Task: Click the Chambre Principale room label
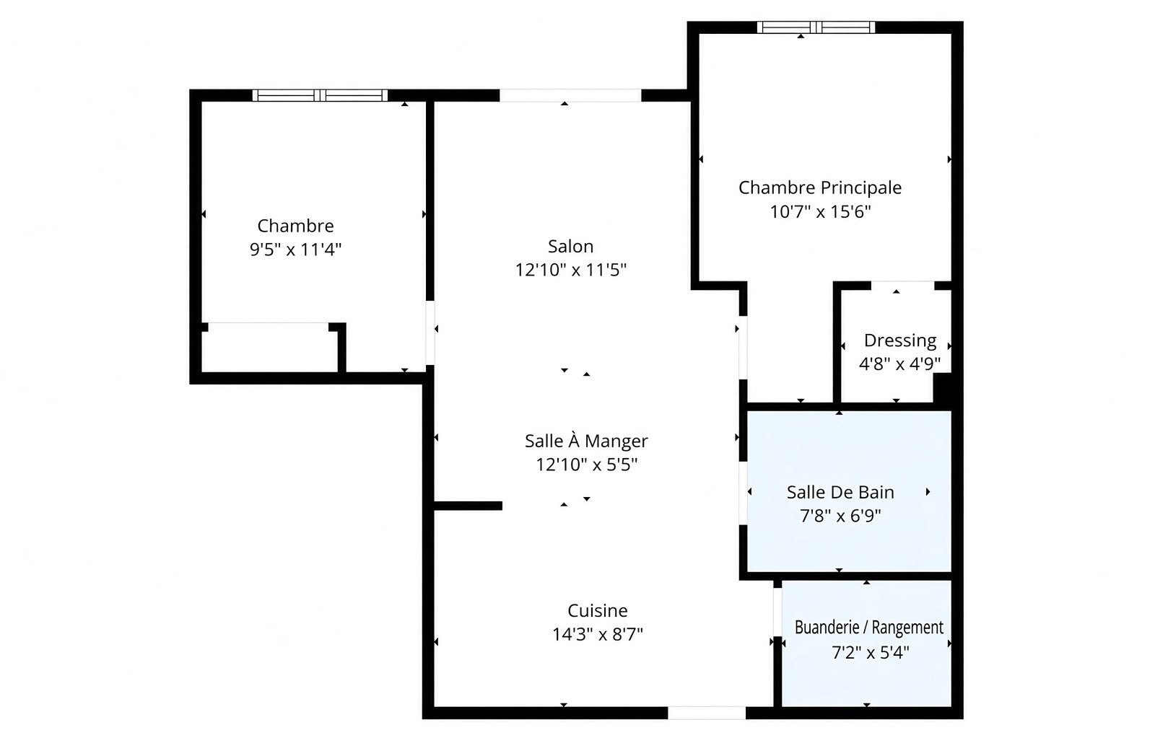pyautogui.click(x=820, y=188)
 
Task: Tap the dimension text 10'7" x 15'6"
pyautogui.click(x=820, y=212)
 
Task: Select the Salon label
pyautogui.click(x=570, y=246)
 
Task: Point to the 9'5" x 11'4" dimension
pyautogui.click(x=295, y=250)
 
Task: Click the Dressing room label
pyautogui.click(x=899, y=341)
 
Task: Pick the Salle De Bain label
pyautogui.click(x=840, y=493)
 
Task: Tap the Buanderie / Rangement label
pyautogui.click(x=869, y=628)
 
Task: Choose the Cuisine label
pyautogui.click(x=598, y=610)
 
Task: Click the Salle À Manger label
pyautogui.click(x=586, y=441)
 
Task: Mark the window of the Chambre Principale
pyautogui.click(x=816, y=27)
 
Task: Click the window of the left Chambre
pyautogui.click(x=320, y=95)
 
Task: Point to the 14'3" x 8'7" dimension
pyautogui.click(x=598, y=634)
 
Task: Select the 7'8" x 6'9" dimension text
pyautogui.click(x=840, y=516)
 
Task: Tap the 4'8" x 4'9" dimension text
pyautogui.click(x=899, y=364)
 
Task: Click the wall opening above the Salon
pyautogui.click(x=570, y=95)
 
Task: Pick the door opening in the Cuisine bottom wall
pyautogui.click(x=707, y=713)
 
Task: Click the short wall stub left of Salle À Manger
pyautogui.click(x=468, y=506)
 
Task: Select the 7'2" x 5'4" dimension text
pyautogui.click(x=870, y=653)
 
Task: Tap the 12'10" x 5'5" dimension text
pyautogui.click(x=586, y=465)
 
